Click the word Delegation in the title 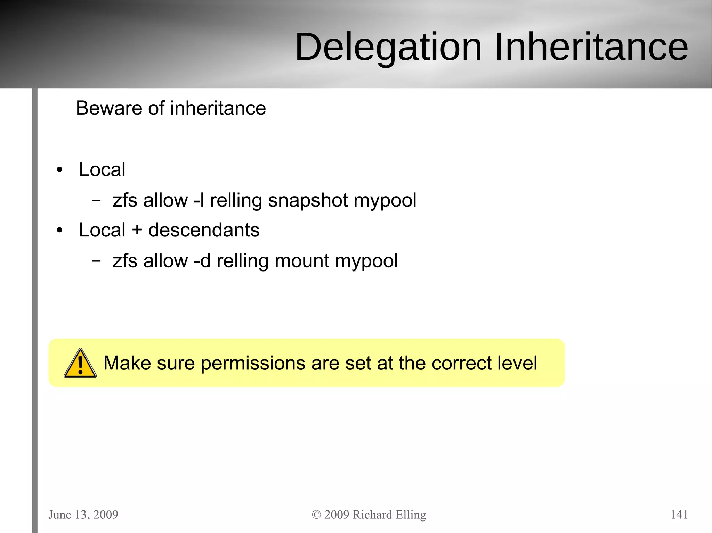[388, 47]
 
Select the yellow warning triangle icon [80, 364]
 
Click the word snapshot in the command [308, 201]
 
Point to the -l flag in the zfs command [199, 200]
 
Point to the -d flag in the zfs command [202, 261]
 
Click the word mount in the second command [302, 261]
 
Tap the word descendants [204, 230]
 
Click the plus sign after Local [137, 231]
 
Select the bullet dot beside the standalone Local [60, 170]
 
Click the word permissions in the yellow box [253, 364]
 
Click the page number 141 [679, 514]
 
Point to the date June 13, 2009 [83, 515]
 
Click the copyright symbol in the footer [316, 515]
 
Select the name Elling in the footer [411, 515]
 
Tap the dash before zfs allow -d [96, 261]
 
